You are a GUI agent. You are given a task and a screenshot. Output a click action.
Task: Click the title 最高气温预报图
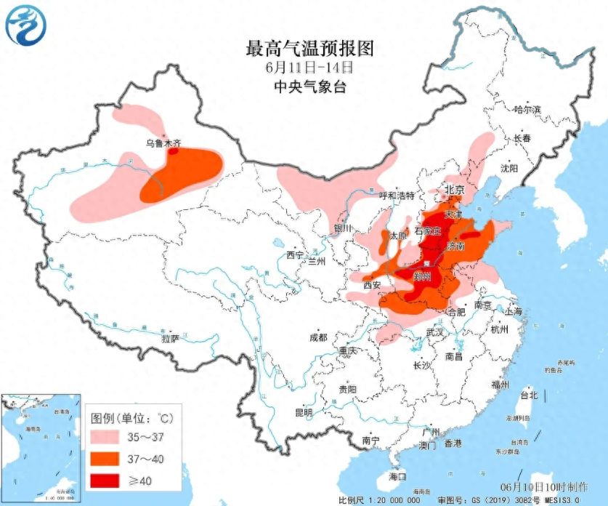pyautogui.click(x=310, y=49)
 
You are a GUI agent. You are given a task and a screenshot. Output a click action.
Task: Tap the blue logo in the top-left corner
pyautogui.click(x=25, y=26)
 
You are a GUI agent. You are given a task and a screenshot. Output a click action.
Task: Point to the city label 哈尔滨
pyautogui.click(x=527, y=110)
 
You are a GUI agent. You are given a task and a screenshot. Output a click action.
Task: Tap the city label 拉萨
pyautogui.click(x=170, y=338)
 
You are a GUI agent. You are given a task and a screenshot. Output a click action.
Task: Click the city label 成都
pyautogui.click(x=318, y=337)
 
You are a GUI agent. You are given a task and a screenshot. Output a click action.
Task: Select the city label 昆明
pyautogui.click(x=303, y=412)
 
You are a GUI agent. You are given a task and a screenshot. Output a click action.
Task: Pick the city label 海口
pyautogui.click(x=397, y=476)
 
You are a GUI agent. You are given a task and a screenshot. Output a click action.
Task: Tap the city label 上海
pyautogui.click(x=513, y=310)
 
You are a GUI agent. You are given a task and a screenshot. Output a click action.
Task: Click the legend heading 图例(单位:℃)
pyautogui.click(x=132, y=419)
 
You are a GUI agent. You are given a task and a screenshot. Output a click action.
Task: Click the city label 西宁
pyautogui.click(x=295, y=254)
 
